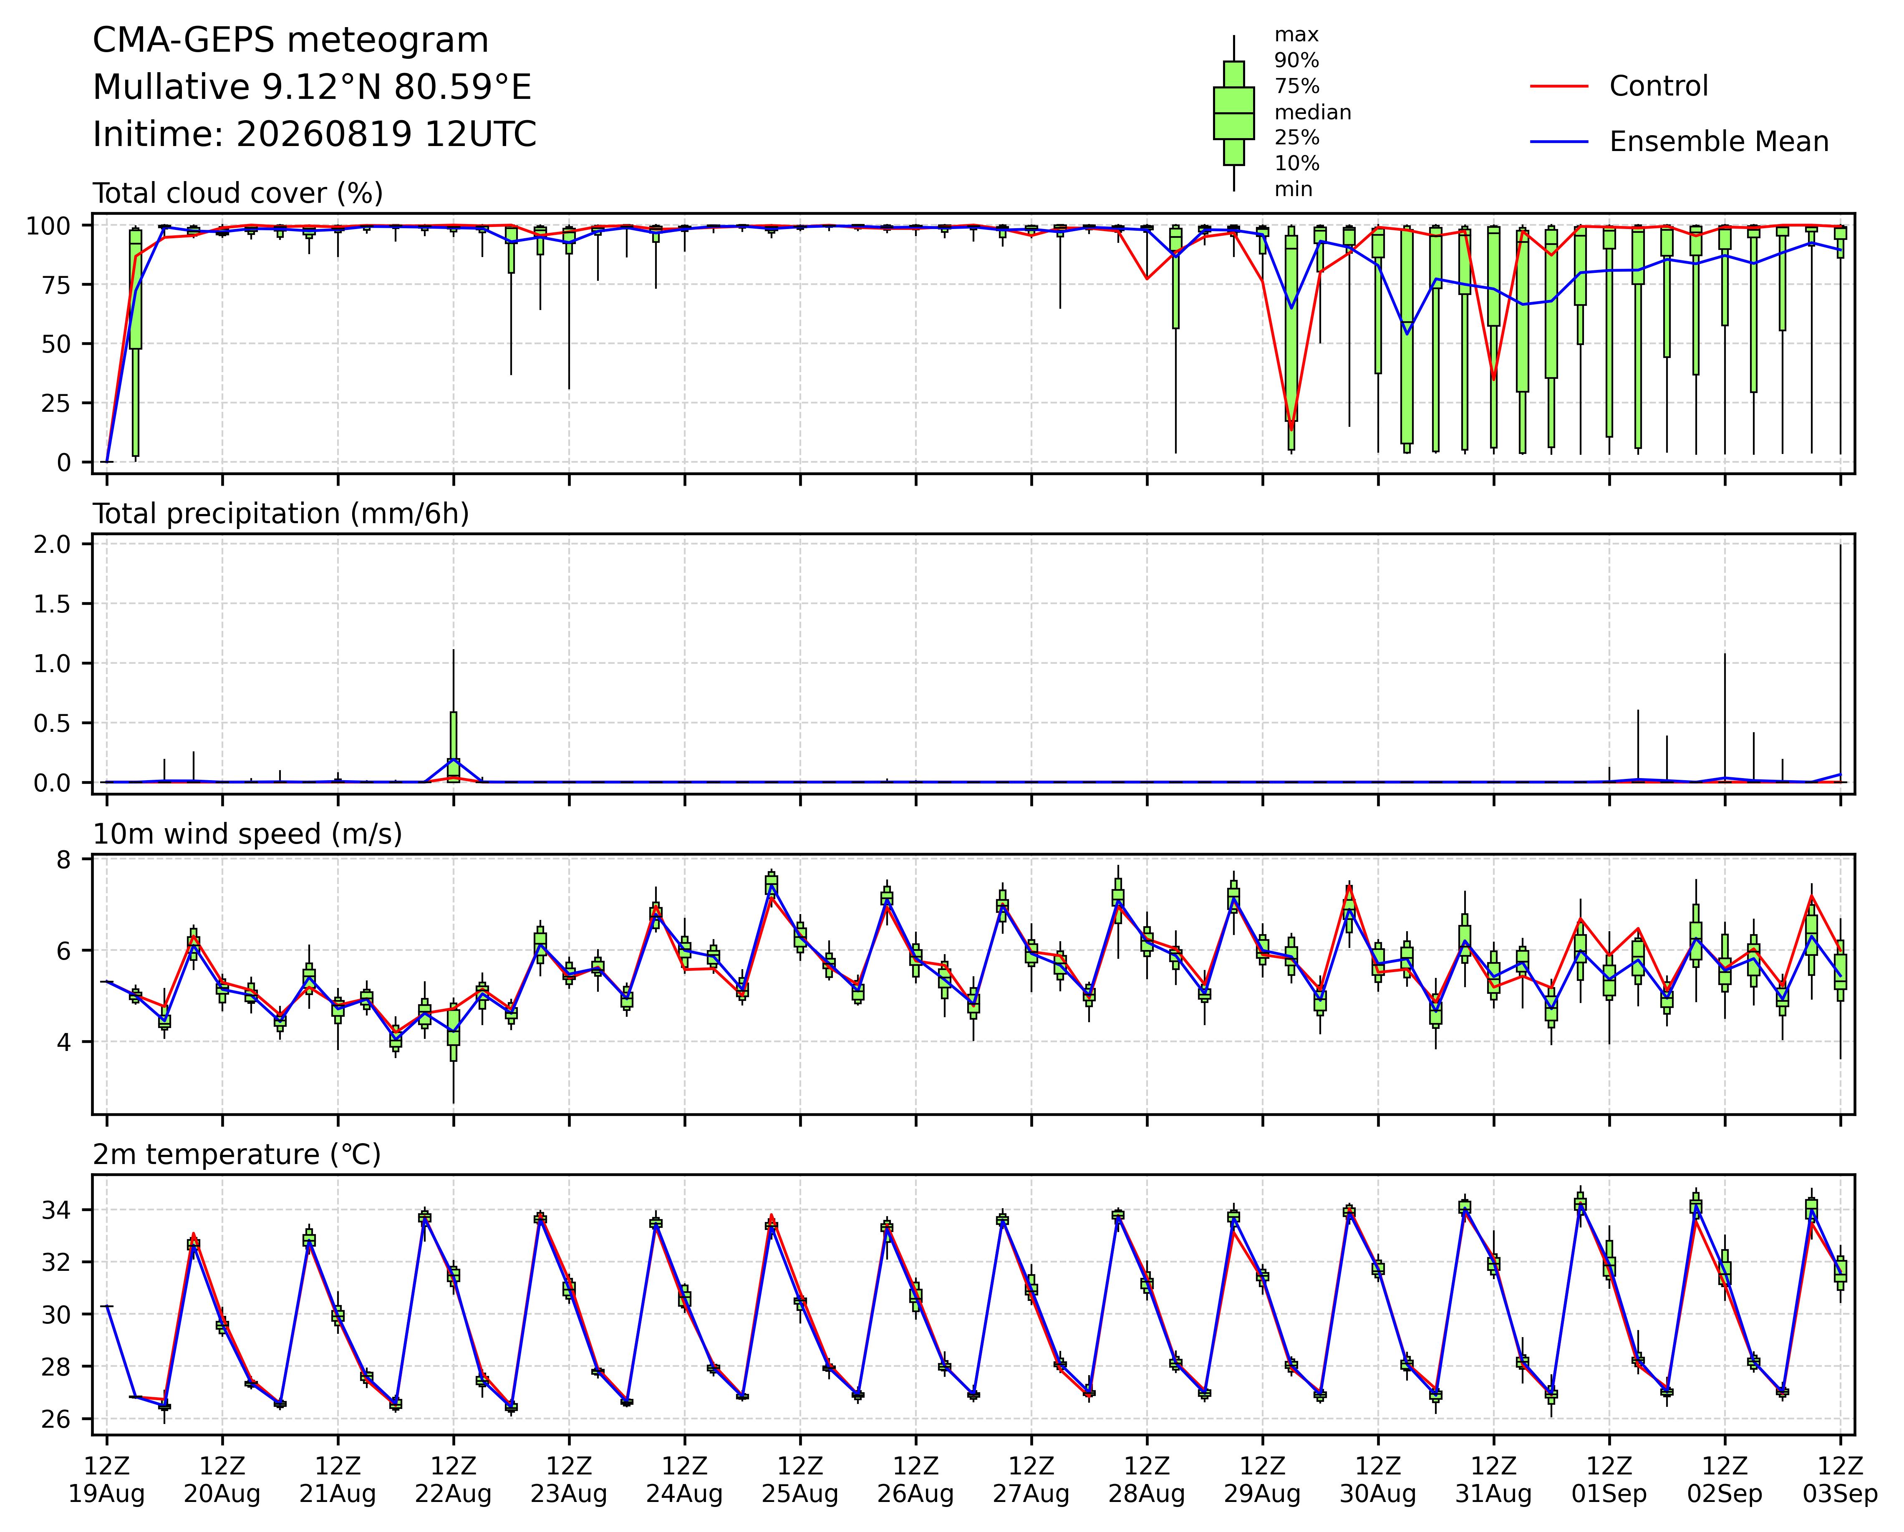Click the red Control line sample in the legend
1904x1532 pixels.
click(x=1560, y=86)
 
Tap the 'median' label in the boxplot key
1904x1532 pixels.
click(x=1312, y=112)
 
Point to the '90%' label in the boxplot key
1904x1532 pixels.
click(x=1296, y=61)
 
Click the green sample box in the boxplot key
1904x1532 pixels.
click(x=1234, y=113)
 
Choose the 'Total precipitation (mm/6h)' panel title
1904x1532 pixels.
click(x=281, y=514)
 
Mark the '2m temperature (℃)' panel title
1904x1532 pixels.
click(x=237, y=1155)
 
